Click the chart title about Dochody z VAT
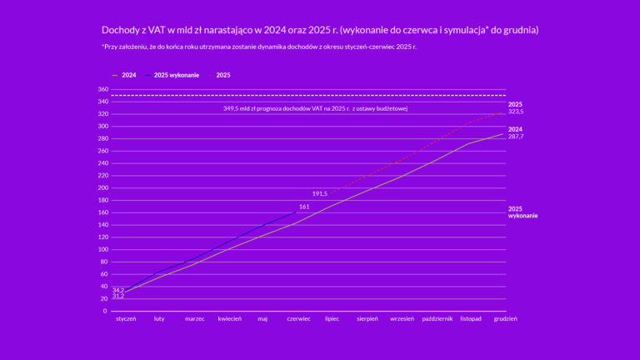320,30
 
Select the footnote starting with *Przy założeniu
258,47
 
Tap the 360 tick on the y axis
102,89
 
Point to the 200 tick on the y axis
102,187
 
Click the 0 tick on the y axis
105,311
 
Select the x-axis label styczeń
125,318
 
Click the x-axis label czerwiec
298,318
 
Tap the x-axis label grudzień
505,318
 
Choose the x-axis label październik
437,318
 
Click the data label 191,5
320,193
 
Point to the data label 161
304,206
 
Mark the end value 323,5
516,111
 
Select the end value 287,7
516,136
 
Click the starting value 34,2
118,290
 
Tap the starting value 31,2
118,297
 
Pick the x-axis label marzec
195,318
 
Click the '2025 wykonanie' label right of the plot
522,212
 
